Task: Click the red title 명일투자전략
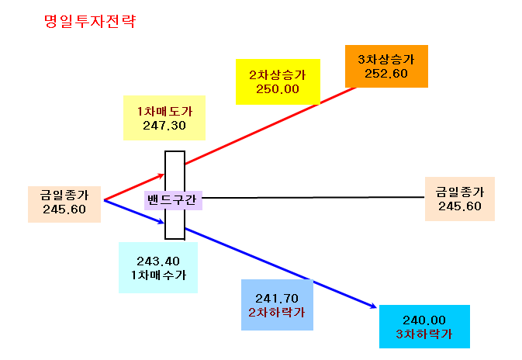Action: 90,21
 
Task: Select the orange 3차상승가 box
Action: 386,66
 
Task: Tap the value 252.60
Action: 386,74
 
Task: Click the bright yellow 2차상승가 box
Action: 278,82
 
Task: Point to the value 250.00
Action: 278,89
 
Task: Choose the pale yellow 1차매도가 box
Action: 164,118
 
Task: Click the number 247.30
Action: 164,126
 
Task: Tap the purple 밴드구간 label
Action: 173,200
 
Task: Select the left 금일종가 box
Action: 64,204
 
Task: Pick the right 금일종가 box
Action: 460,199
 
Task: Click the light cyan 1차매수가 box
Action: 158,268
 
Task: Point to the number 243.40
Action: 158,261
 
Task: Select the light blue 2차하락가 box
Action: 278,305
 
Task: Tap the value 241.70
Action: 277,298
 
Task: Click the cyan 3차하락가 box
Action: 424,327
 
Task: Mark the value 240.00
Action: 424,320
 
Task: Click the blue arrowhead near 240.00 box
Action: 374,306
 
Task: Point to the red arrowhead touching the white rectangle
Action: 161,175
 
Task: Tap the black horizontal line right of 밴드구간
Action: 313,198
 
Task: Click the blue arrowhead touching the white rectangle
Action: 161,221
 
